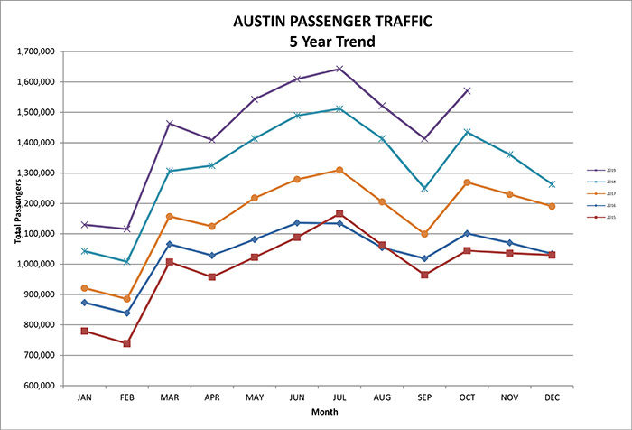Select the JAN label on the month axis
point(85,396)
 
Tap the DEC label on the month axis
point(553,396)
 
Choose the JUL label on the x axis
point(339,396)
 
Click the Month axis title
point(317,413)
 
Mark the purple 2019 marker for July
point(339,69)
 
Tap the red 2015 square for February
point(127,343)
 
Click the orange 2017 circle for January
point(85,288)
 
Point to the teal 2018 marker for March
point(170,171)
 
